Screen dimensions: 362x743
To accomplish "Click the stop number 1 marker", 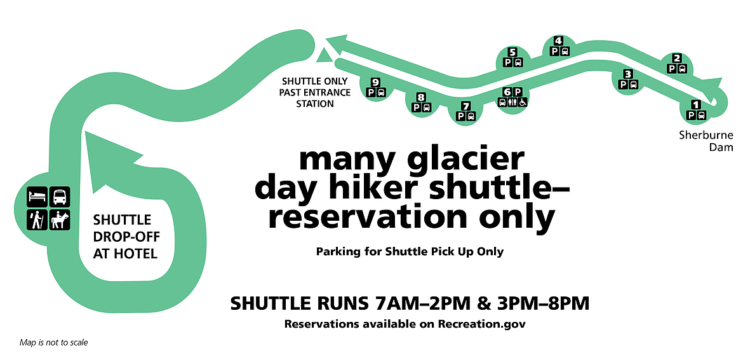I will pos(696,104).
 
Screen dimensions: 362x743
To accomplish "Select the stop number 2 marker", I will pos(677,58).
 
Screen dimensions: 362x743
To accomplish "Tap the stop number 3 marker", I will pos(628,74).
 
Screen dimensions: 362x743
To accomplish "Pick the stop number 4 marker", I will pos(559,41).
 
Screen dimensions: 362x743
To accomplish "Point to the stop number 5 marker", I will pos(512,52).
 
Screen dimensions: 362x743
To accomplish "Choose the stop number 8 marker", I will pos(421,97).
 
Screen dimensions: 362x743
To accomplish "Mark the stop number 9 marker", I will pos(376,82).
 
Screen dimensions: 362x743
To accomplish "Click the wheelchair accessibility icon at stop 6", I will pos(523,102).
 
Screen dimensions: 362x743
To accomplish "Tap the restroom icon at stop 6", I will pos(512,102).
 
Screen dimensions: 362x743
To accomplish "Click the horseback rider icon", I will pos(60,220).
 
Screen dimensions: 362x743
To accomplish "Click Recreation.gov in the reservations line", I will pos(482,324).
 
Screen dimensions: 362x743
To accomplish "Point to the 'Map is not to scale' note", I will pos(53,343).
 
